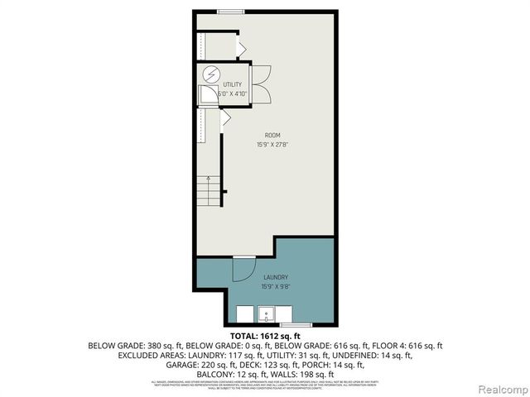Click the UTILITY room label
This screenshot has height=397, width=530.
click(x=232, y=85)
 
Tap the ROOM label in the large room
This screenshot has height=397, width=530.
click(x=272, y=135)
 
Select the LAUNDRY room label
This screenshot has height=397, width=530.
click(x=276, y=277)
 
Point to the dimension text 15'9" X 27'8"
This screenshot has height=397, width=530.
click(x=272, y=145)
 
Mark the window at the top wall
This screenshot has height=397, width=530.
click(x=231, y=11)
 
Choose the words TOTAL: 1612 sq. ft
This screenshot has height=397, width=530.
click(x=265, y=335)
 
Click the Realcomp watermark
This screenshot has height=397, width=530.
click(x=499, y=387)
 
